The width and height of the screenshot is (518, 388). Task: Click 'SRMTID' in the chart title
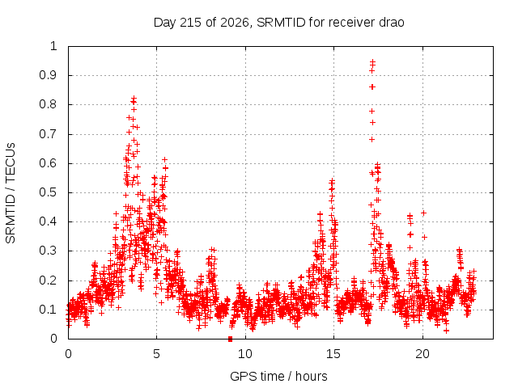281,23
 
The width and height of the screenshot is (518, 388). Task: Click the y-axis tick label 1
54,46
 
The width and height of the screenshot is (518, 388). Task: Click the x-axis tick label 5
156,354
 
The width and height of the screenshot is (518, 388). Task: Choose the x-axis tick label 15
333,354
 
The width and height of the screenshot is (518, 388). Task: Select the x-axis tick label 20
422,354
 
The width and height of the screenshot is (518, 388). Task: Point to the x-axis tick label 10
244,354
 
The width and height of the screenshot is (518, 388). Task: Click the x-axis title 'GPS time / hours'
278,376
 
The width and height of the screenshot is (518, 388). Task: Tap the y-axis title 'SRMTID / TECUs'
11,193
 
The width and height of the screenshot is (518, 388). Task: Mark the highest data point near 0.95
372,61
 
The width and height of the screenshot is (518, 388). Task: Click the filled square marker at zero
230,339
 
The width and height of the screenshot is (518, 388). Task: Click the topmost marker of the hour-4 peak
134,98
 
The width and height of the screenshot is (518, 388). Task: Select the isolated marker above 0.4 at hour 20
423,213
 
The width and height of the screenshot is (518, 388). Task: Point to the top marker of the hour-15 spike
332,181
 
